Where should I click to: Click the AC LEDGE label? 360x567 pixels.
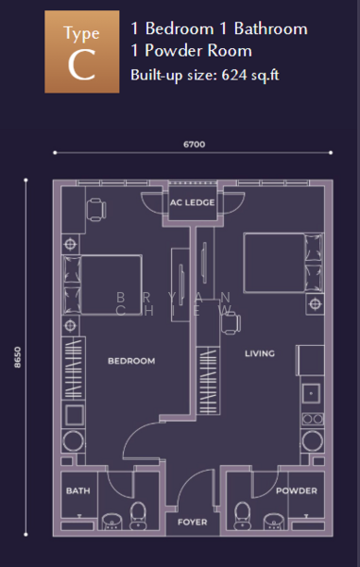193,202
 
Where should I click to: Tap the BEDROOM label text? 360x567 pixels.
131,361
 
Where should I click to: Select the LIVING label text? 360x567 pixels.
260,353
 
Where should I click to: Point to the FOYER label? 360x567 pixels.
193,523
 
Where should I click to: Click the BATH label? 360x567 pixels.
78,490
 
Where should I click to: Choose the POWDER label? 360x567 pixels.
297,490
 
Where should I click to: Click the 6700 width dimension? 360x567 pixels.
194,145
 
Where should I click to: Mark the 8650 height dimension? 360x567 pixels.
17,357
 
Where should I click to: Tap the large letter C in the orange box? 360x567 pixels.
81,65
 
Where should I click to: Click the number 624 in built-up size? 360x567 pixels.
233,75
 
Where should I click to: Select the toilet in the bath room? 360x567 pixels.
138,516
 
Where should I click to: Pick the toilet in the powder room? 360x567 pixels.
242,516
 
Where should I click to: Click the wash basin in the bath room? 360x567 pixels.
112,522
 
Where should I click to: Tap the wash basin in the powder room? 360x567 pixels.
273,522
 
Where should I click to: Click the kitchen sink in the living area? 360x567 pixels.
311,393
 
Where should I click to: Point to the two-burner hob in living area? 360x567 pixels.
313,419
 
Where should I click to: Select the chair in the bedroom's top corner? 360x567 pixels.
96,210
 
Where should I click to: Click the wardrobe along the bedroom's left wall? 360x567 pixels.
74,369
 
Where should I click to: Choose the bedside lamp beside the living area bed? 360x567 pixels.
315,304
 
